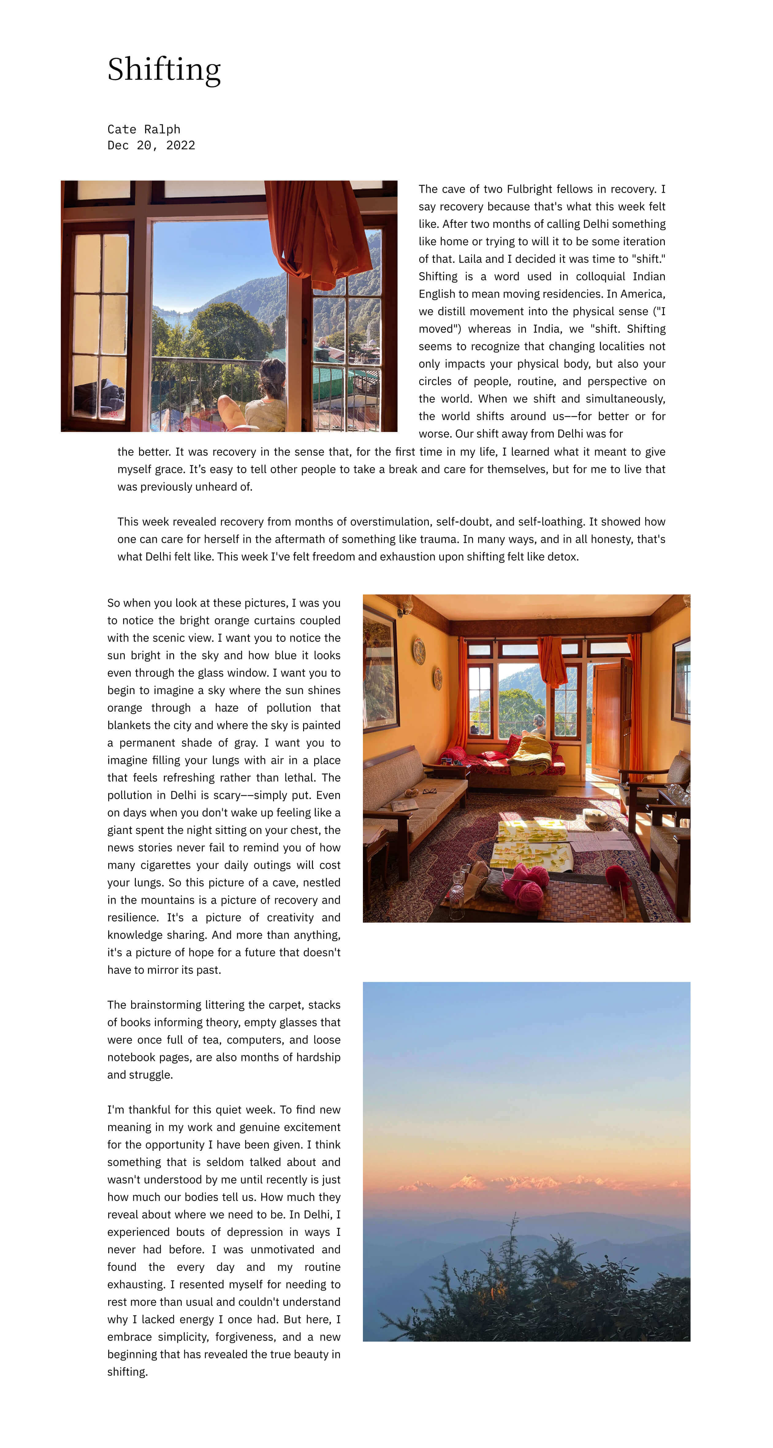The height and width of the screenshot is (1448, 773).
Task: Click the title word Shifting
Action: tap(164, 70)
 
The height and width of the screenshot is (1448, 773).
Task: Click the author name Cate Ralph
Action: tap(144, 129)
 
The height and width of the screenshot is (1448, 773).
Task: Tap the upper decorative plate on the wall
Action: tap(419, 650)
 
